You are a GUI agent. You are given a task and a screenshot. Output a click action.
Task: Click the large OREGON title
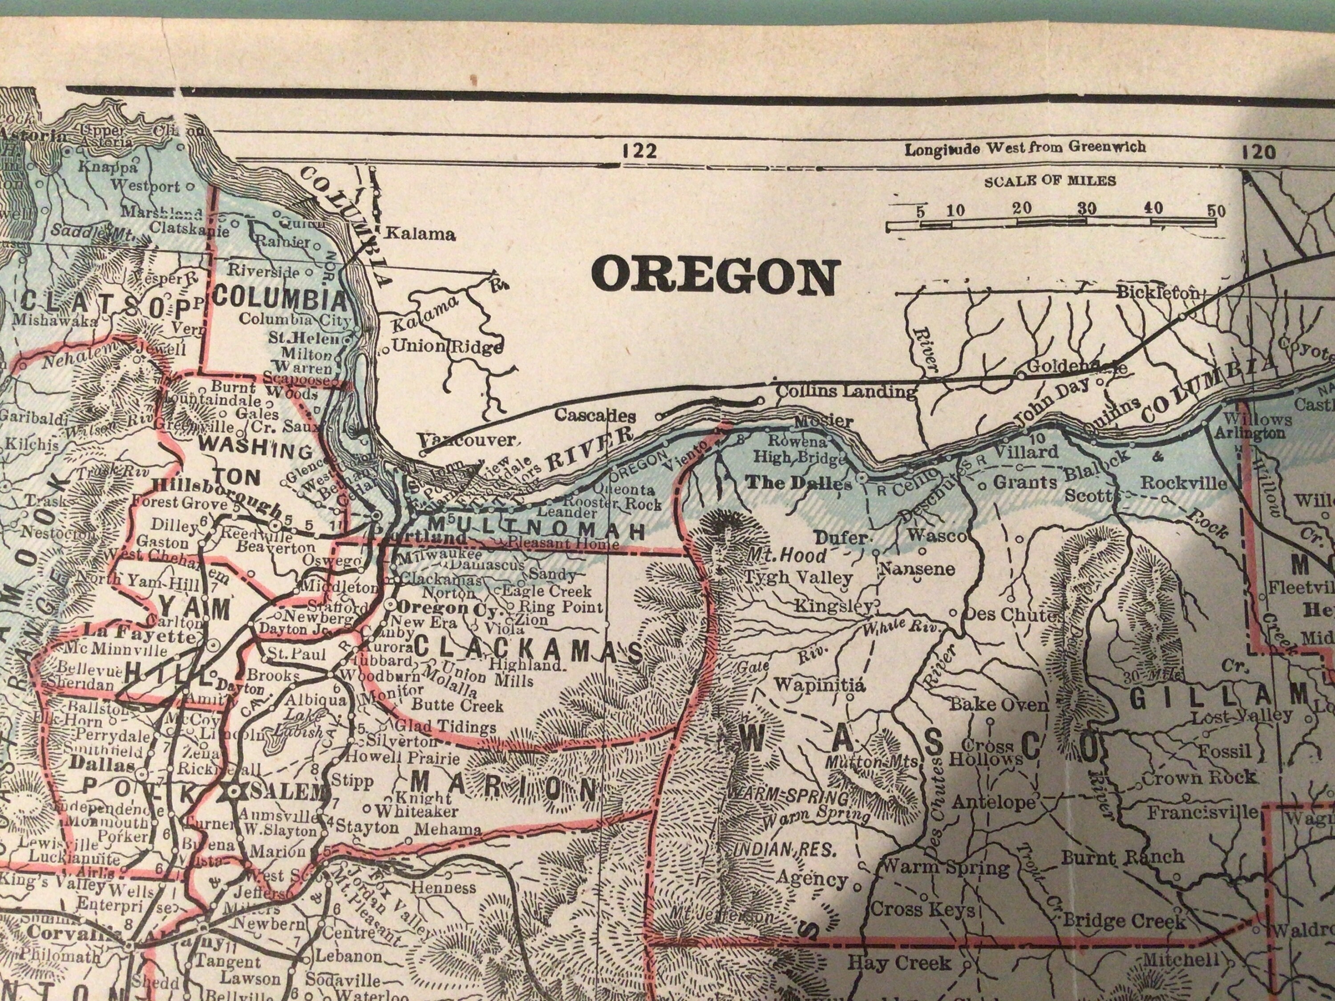(x=716, y=276)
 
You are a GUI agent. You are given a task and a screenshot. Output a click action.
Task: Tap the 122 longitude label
(x=639, y=151)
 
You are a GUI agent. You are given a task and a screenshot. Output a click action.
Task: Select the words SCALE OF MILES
(x=1050, y=181)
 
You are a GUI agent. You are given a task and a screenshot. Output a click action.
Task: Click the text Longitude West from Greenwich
(x=1025, y=148)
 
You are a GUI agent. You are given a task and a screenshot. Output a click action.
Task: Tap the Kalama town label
(x=420, y=234)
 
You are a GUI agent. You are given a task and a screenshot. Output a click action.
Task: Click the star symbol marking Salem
(x=234, y=792)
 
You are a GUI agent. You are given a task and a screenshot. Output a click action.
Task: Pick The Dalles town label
(x=799, y=483)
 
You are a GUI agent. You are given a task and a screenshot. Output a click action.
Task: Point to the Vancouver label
(x=468, y=440)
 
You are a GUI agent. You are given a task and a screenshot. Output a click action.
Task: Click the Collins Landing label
(x=845, y=391)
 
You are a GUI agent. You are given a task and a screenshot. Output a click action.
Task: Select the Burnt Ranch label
(x=1123, y=857)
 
